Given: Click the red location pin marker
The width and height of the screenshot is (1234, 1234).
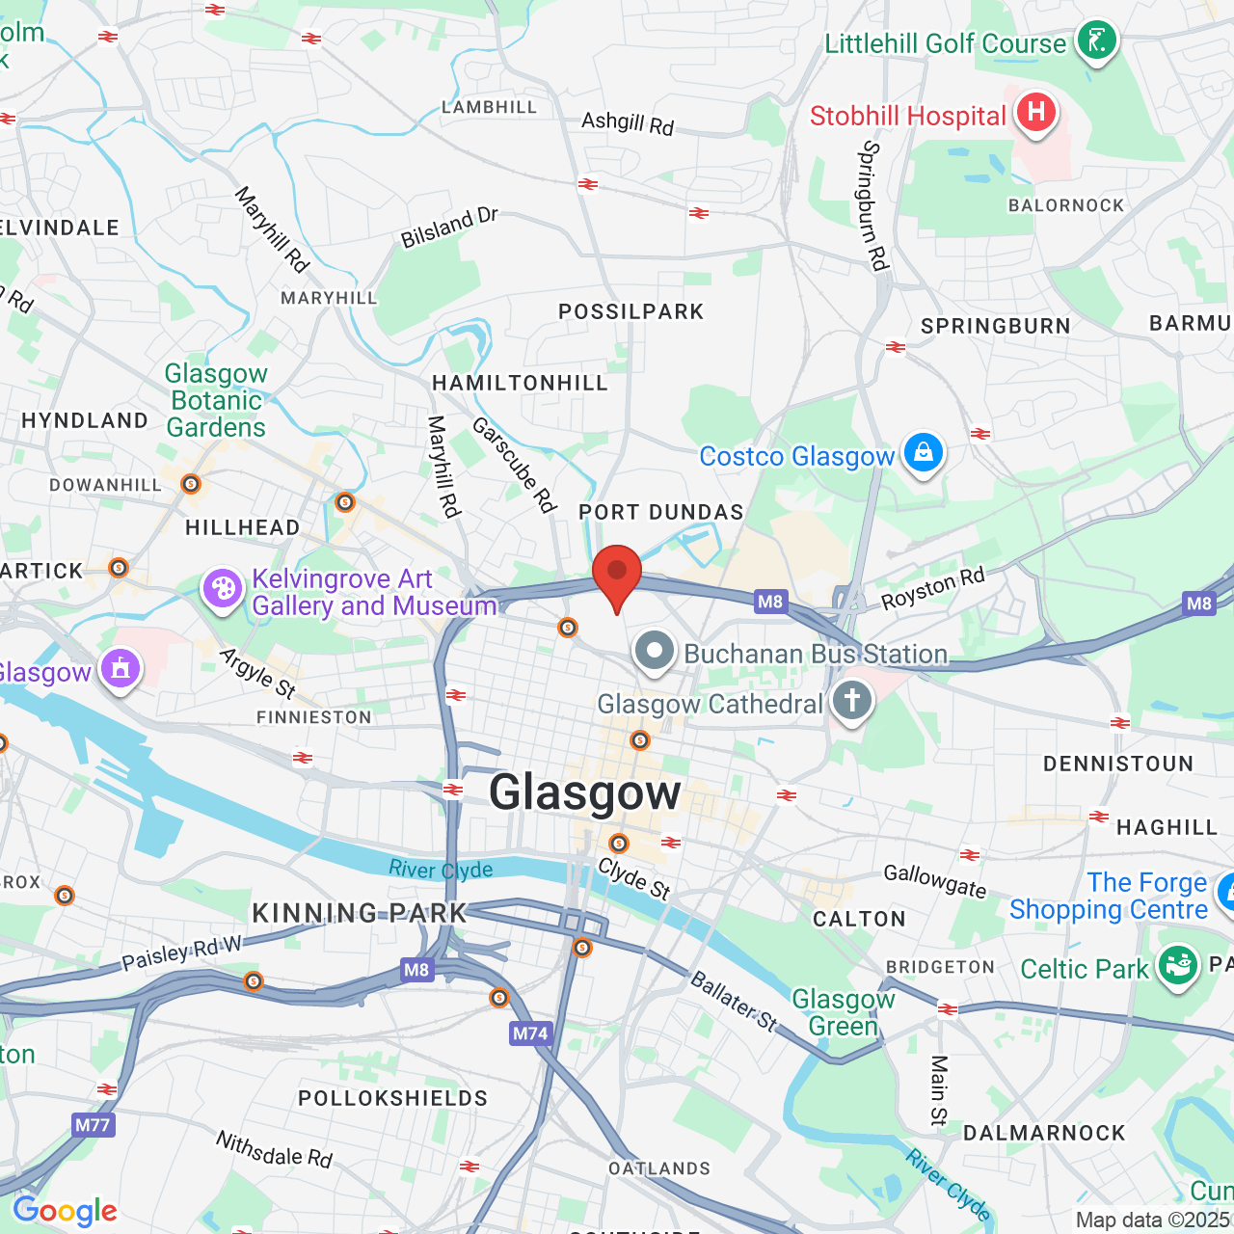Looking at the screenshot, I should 617,573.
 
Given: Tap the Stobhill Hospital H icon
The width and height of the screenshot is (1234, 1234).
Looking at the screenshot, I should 1035,113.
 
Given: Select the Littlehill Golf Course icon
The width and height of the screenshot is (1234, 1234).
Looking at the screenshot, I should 1096,40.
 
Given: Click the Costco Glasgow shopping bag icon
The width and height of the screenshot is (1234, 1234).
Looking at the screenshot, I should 923,452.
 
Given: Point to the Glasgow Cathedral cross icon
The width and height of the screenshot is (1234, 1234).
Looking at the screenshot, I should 851,701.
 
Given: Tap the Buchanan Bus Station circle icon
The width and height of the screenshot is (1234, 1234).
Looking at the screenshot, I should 655,651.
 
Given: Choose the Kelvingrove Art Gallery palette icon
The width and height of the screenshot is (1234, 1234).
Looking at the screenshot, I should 223,588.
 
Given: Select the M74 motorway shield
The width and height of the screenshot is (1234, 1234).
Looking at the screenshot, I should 530,1033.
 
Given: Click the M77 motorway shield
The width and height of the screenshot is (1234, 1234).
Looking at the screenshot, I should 93,1124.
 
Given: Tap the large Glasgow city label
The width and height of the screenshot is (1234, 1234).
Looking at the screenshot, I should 584,793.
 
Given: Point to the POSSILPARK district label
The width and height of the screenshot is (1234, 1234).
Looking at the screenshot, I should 631,311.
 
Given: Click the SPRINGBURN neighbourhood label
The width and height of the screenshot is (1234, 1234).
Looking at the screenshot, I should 996,326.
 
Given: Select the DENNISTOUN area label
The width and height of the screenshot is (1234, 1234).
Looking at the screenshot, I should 1118,764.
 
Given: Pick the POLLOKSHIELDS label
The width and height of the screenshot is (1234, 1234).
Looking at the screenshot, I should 393,1098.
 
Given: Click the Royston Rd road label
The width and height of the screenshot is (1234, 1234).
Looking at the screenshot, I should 933,588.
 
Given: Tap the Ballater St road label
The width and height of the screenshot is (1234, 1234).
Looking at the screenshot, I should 734,1002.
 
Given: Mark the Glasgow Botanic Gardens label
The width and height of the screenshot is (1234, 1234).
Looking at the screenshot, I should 216,400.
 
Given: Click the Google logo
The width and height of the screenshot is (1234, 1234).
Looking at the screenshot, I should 65,1211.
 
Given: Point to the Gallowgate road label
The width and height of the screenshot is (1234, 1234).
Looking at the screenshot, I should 935,880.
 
